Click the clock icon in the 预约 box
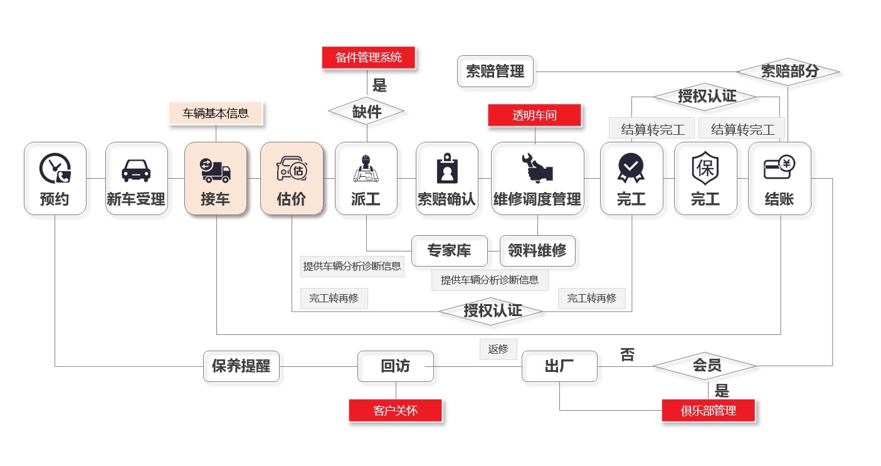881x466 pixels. coord(55,168)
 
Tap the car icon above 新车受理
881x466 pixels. coord(136,169)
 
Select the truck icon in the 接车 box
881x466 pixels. coord(216,169)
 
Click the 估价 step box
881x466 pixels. coord(292,179)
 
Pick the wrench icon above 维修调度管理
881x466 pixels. coord(537,168)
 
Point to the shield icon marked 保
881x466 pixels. coord(705,168)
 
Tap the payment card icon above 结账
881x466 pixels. coord(779,167)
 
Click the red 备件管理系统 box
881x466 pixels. coord(368,58)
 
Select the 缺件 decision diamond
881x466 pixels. coord(367,112)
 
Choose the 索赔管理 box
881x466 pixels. coord(495,71)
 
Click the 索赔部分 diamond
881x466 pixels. coord(789,71)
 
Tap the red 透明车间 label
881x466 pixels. coord(534,115)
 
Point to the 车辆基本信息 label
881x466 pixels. coord(216,114)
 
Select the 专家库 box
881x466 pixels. coord(449,251)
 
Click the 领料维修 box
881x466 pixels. coord(537,251)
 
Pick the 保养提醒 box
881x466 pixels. coord(241,366)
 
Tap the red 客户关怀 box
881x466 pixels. coord(395,411)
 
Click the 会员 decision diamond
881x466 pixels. coord(706,366)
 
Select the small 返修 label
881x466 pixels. coord(498,349)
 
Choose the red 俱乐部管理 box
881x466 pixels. coord(708,411)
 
